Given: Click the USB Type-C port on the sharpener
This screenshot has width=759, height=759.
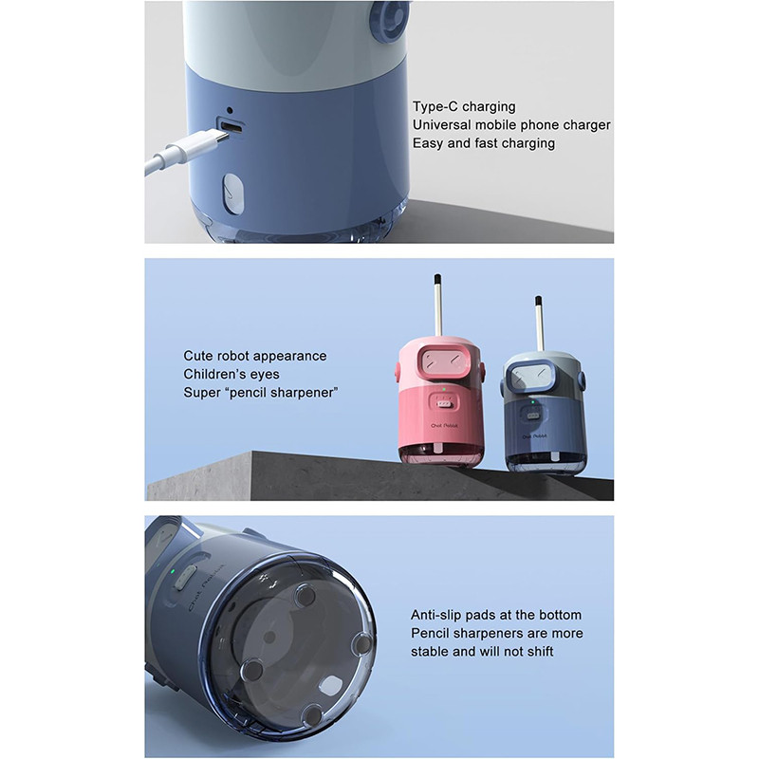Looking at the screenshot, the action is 231,127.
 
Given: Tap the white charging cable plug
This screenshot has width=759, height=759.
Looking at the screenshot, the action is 197,144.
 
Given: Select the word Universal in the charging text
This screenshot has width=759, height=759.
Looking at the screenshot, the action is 441,125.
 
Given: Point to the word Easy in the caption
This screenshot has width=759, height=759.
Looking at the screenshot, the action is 429,143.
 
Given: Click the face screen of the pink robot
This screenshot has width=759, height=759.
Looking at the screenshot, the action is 439,361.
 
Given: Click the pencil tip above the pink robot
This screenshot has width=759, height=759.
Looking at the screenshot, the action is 437,279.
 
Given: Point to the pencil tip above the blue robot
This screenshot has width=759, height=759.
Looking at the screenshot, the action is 538,301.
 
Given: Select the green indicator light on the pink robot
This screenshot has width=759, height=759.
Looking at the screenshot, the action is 443,389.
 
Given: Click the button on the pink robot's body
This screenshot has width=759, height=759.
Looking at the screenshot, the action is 443,402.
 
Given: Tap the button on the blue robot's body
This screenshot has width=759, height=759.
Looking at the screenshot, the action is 532,416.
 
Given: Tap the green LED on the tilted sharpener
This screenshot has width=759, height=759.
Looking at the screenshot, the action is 173,571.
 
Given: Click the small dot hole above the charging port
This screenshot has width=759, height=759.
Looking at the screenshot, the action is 230,111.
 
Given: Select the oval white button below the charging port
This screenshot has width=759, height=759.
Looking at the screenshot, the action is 232,194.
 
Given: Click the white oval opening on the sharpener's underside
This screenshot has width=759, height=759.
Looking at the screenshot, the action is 331,685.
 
